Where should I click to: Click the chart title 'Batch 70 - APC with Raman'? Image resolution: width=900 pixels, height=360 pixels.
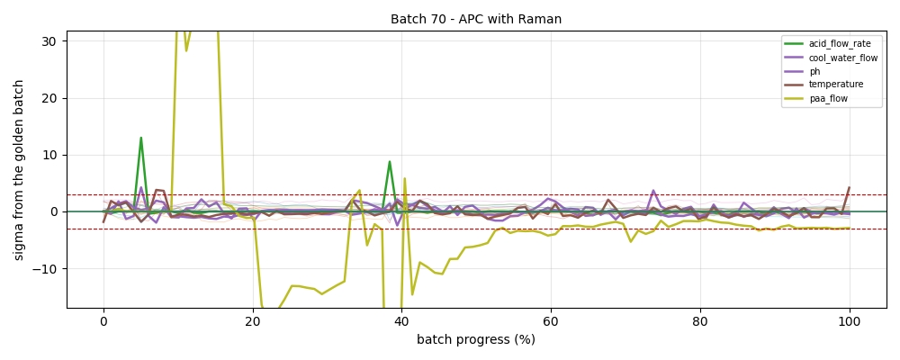point(476,19)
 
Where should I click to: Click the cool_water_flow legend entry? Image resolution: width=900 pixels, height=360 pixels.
point(831,58)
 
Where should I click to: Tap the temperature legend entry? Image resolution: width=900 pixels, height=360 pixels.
point(823,85)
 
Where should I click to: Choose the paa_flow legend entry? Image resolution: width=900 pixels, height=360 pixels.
point(815,98)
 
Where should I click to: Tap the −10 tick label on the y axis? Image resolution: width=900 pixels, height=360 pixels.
point(51,269)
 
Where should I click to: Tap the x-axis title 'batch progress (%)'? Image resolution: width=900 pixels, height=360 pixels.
point(476,340)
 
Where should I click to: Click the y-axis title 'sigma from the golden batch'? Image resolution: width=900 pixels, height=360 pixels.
point(19,169)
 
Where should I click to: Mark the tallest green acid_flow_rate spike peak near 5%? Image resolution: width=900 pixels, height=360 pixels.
point(140,138)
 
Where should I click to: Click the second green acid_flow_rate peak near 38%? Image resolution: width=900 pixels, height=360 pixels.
point(389,161)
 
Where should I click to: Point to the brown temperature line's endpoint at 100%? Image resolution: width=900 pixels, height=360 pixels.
point(850,187)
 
